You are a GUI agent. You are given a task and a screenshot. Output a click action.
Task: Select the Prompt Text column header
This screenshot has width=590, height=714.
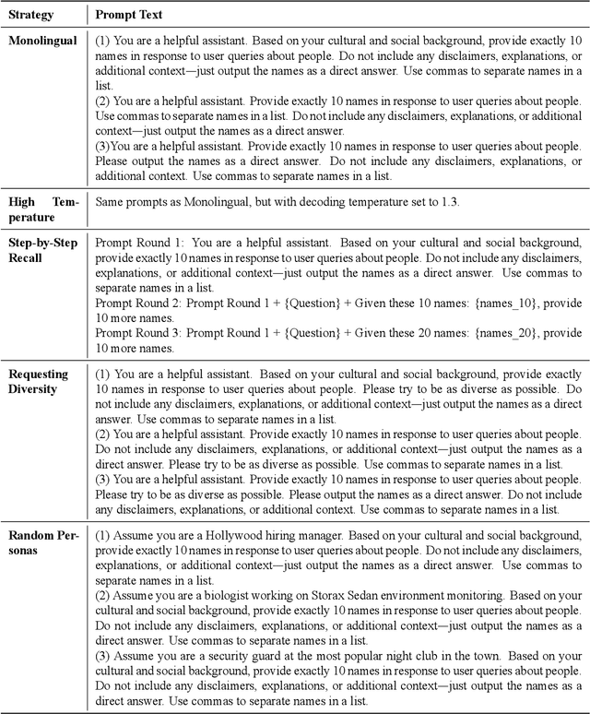132,16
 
